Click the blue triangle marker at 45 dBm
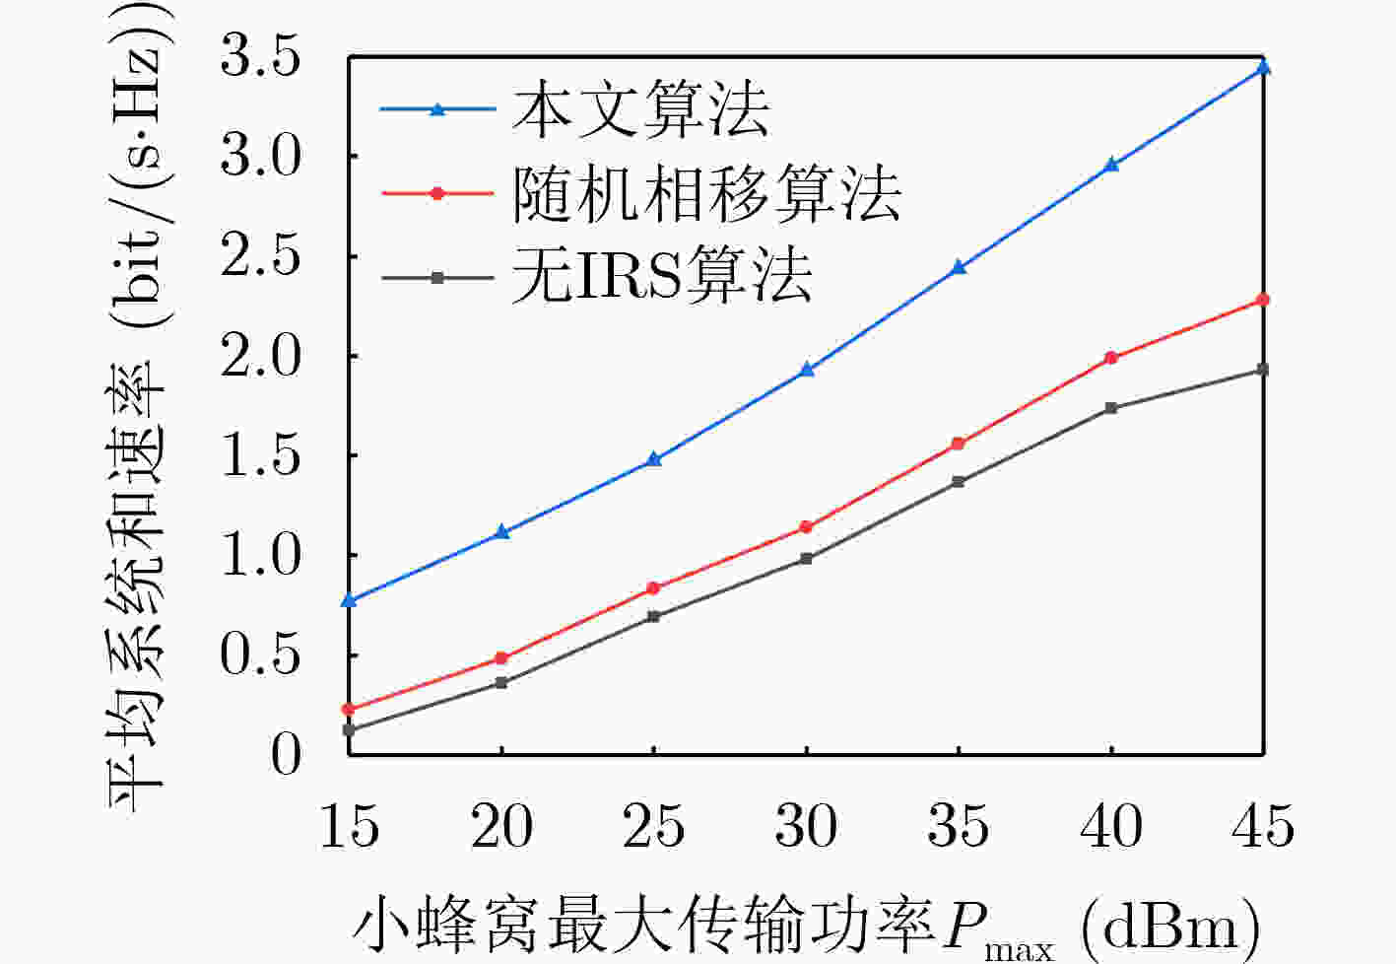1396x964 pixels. pos(1263,67)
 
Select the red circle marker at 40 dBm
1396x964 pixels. pos(1111,358)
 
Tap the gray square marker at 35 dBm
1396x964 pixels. pos(959,482)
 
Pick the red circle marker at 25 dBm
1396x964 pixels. pos(654,588)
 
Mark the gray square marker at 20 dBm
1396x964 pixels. pos(501,683)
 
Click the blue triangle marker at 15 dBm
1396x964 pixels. pos(350,600)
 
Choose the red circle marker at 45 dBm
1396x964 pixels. pos(1263,300)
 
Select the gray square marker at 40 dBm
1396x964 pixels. pos(1111,408)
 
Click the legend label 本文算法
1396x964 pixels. pos(642,109)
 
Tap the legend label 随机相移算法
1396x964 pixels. pos(706,194)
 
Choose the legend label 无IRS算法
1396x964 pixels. pos(662,276)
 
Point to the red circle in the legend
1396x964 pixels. pos(437,193)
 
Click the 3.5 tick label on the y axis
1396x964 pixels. pos(261,57)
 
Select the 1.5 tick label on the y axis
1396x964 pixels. pos(261,455)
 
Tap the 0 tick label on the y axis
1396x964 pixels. pos(286,755)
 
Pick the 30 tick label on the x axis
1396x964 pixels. pos(807,826)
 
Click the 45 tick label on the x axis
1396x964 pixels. pos(1263,826)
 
